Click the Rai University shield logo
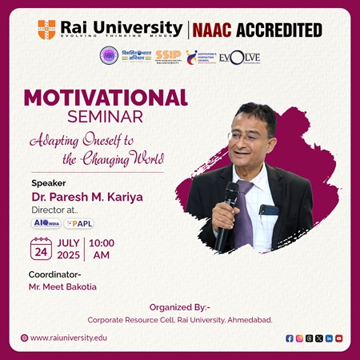coord(46,30)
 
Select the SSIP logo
coord(168,56)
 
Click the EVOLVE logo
coord(240,58)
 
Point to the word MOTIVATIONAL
coord(106,98)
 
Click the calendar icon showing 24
coord(41,249)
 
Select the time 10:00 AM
coord(102,249)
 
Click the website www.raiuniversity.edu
coord(68,338)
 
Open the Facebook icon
coord(290,338)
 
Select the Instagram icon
coord(299,338)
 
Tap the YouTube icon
coord(338,338)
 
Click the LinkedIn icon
coord(329,338)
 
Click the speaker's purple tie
coord(244,212)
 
